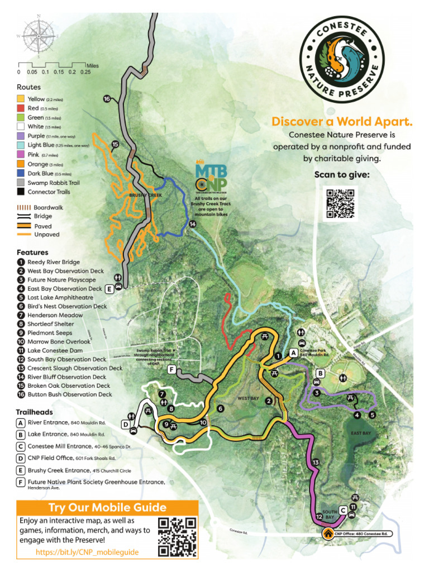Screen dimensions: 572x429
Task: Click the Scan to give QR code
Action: tap(340, 203)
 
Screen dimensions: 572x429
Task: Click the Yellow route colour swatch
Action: tap(21, 99)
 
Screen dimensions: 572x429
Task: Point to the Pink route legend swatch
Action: tap(21, 155)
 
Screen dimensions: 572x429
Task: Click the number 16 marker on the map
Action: tap(107, 99)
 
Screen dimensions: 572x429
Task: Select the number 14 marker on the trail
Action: tap(193, 224)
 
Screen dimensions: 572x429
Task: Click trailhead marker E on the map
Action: tap(109, 289)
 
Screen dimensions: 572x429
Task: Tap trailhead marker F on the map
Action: tap(171, 369)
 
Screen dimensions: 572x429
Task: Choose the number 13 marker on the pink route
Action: tap(316, 463)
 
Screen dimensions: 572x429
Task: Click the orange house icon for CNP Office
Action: tap(327, 533)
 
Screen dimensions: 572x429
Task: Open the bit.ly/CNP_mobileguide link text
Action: tap(87, 552)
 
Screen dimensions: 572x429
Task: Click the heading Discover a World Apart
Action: tap(341, 121)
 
